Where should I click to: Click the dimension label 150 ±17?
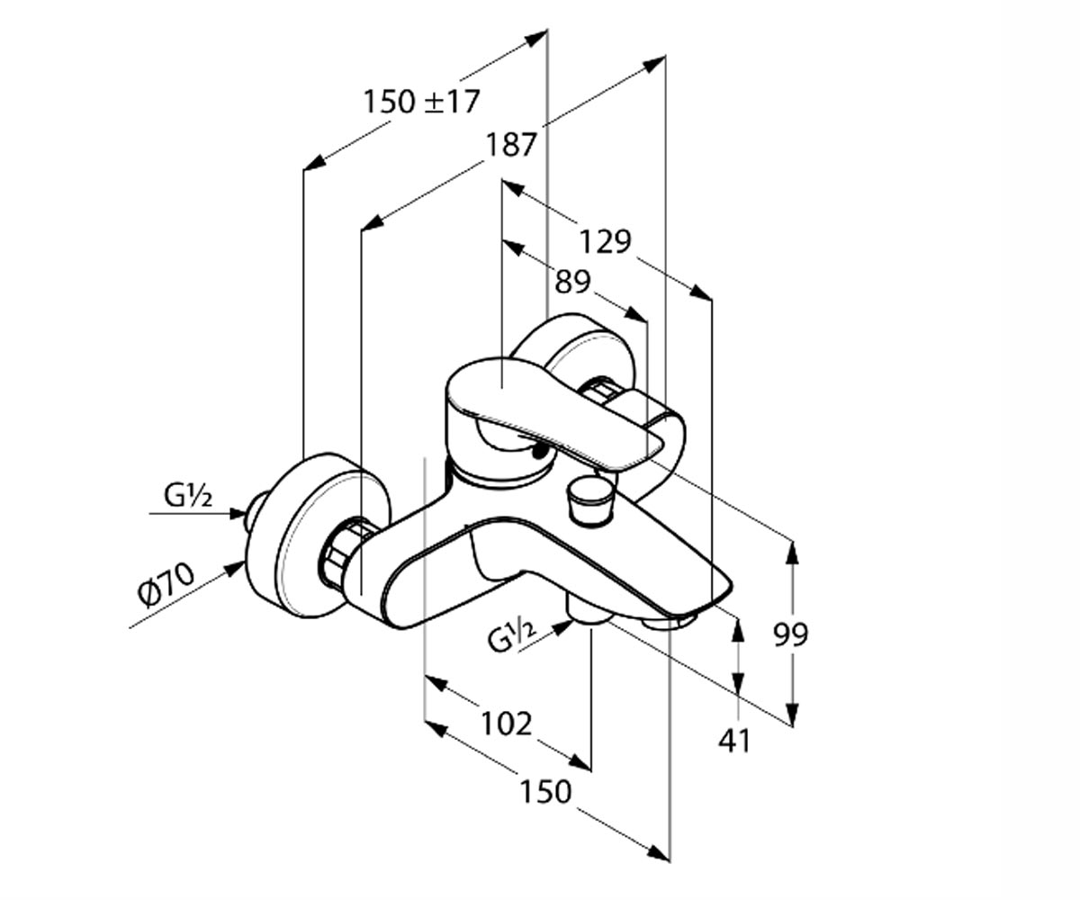click(421, 102)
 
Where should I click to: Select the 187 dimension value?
click(510, 144)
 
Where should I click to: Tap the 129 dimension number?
click(605, 241)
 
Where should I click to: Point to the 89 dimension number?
click(572, 283)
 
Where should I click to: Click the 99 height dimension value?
click(790, 634)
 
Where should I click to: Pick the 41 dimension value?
click(734, 742)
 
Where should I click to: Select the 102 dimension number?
click(507, 724)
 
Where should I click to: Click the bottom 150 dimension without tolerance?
click(545, 791)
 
